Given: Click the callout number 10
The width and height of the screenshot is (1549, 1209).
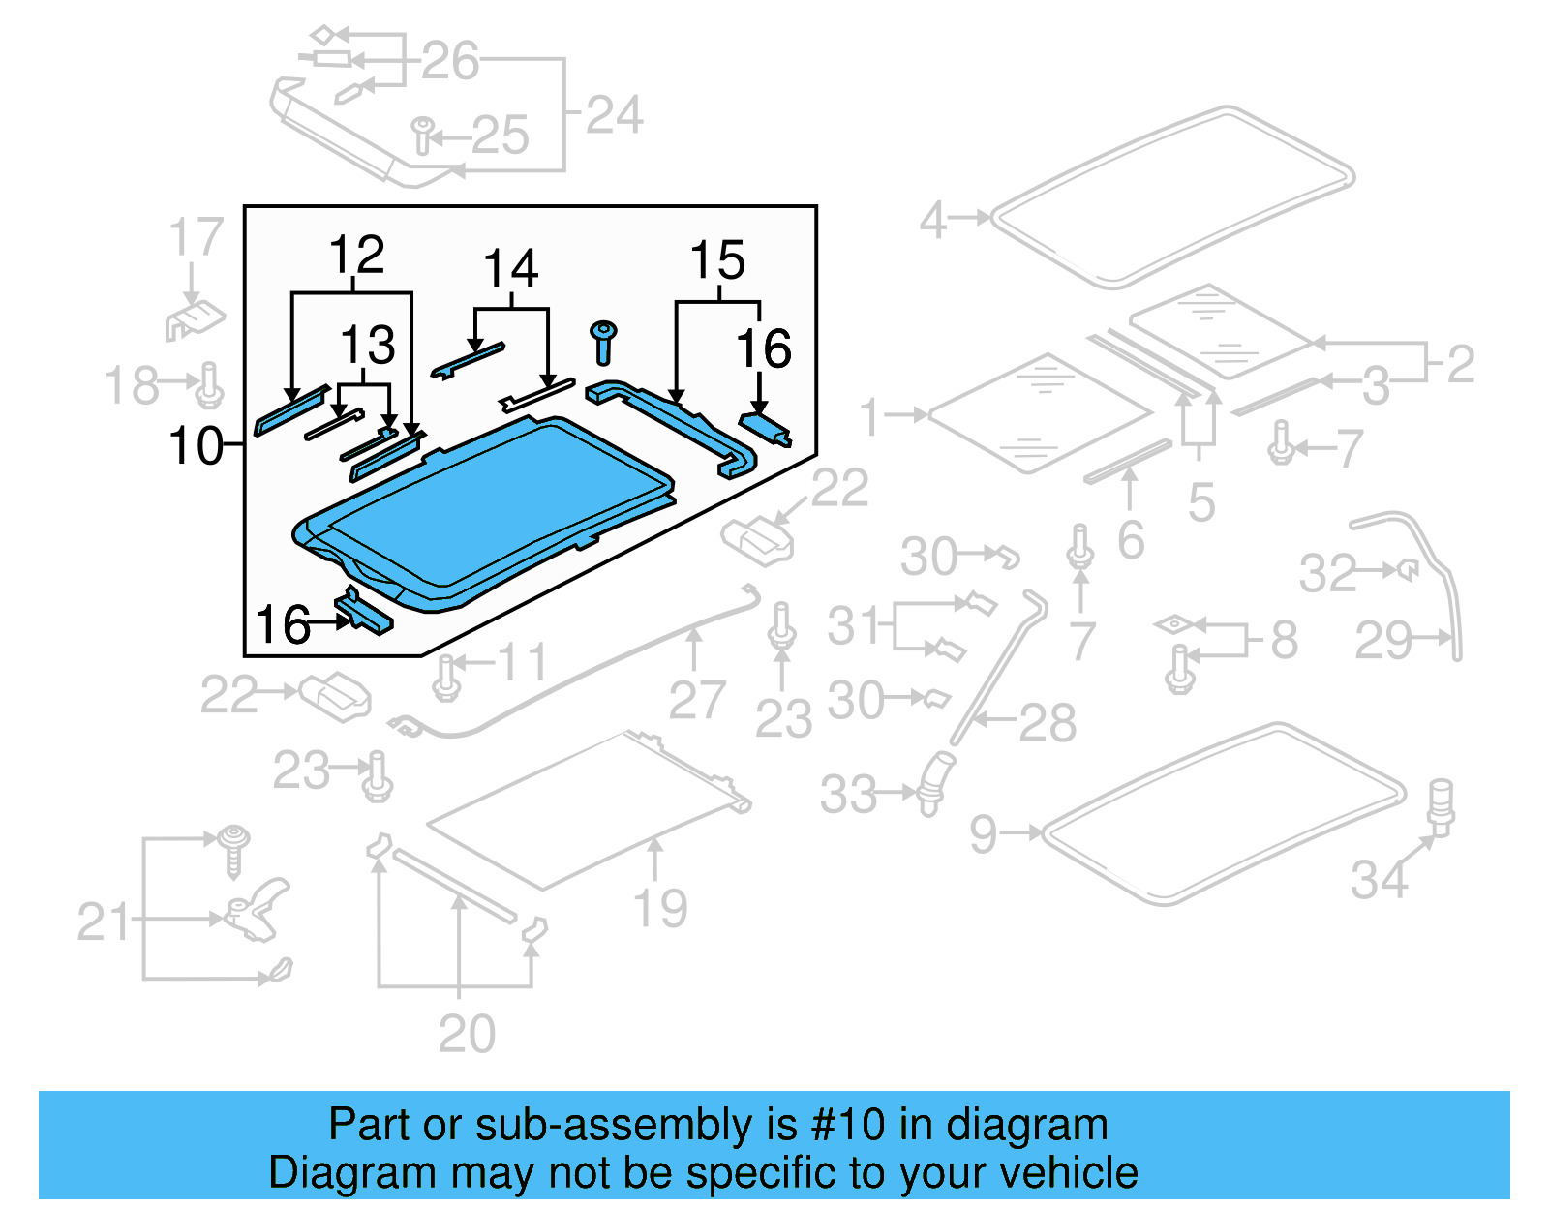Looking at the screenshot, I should pos(196,446).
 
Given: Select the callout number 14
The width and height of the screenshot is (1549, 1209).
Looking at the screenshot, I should pos(510,269).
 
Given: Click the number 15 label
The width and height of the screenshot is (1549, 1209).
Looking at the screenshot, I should pos(717,260).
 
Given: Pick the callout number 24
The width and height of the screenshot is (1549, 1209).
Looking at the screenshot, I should pos(615,115).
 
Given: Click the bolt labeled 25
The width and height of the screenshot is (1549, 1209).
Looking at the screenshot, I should pos(423,135).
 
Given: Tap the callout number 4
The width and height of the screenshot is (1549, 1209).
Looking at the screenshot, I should pos(932,220).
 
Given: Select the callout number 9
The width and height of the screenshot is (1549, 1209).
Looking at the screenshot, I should pos(983,833).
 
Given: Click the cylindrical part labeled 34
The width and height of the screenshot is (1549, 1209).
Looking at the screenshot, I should pos(1441,805).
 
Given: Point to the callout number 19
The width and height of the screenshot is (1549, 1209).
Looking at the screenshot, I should pos(660,908).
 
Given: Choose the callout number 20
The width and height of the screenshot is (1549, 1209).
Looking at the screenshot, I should pos(467,1034).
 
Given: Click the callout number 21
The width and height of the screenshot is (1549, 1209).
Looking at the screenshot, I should pos(104,922).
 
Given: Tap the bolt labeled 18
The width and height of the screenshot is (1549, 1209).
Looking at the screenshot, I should pos(209,385).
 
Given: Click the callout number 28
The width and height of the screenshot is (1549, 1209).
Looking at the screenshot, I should pos(1048,723).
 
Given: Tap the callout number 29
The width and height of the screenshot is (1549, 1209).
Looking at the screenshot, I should pos(1383,640).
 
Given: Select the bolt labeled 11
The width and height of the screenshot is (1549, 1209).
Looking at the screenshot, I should pos(446,677).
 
